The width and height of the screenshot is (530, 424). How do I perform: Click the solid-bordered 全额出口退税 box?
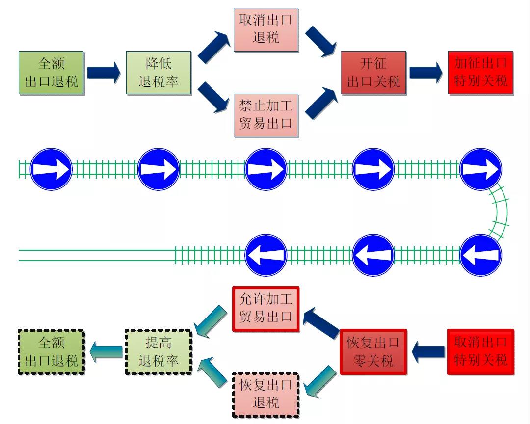(52, 73)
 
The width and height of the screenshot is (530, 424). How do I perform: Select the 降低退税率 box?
(159, 73)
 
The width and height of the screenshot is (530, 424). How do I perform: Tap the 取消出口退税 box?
(265, 29)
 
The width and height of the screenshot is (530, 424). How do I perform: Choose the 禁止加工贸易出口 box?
(265, 114)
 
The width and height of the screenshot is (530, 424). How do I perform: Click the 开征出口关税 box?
(373, 73)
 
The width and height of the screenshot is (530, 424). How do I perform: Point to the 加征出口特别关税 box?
(480, 73)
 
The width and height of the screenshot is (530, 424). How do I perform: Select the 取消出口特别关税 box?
(480, 352)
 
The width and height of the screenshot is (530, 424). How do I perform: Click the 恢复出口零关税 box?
(373, 352)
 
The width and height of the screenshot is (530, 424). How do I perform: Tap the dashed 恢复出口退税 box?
(265, 394)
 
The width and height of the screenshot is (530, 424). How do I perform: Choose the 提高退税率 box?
(159, 352)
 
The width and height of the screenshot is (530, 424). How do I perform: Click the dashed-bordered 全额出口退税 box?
(52, 352)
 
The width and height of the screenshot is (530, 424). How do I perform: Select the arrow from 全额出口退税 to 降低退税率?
(104, 73)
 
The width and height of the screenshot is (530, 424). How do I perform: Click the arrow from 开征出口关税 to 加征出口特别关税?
(426, 73)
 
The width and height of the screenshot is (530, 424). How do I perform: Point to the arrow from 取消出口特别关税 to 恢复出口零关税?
(428, 352)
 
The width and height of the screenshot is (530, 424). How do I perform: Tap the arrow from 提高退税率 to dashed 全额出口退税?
(106, 352)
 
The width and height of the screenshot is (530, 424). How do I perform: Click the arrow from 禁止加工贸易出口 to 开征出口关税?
(321, 102)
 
